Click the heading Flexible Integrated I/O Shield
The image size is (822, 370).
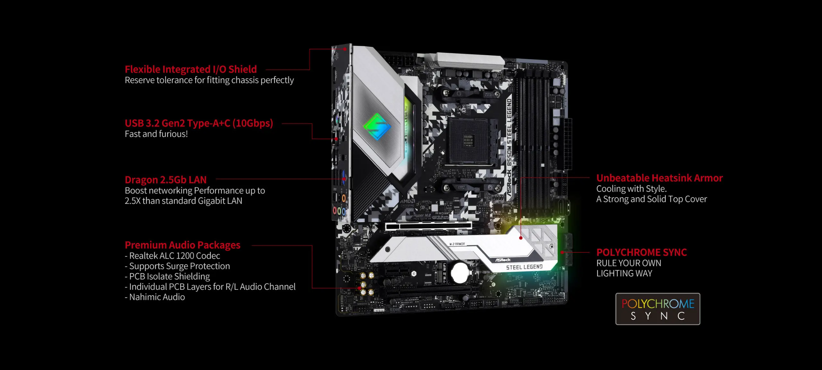[191, 69]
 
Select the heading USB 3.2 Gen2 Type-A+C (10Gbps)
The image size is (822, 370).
[199, 123]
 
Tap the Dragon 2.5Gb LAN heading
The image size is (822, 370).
[166, 180]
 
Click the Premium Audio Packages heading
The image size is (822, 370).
[182, 245]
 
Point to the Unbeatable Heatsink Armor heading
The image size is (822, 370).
[659, 178]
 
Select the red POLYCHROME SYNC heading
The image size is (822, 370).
[641, 252]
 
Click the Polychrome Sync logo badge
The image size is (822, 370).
[657, 309]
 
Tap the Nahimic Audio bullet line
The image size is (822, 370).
[155, 297]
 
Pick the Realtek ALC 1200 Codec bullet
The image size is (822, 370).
[173, 256]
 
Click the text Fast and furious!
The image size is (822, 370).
[156, 134]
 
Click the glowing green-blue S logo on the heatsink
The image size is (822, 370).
[377, 126]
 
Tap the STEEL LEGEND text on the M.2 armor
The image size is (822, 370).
[524, 267]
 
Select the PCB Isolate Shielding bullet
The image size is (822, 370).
[167, 276]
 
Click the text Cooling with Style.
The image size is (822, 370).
[631, 189]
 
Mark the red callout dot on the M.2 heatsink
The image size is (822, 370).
[521, 238]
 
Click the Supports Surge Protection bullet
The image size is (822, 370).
[177, 266]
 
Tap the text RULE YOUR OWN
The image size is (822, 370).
[629, 263]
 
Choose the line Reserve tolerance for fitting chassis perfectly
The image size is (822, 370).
[209, 80]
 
